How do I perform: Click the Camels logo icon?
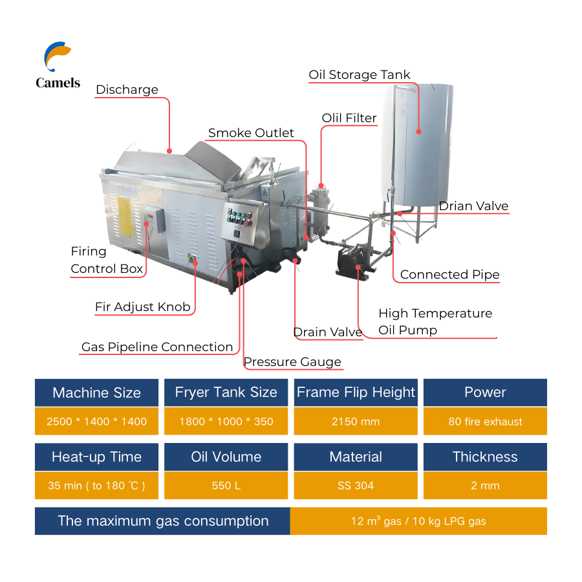coord(57,57)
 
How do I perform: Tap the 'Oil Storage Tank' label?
coord(359,75)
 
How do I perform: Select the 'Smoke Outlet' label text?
coord(251,133)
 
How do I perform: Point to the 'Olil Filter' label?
coord(349,118)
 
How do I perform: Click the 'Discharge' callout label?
coord(127,90)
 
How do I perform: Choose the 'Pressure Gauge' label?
coord(292,361)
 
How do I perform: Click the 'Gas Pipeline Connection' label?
coord(157,347)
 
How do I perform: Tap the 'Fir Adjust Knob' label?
coord(142,307)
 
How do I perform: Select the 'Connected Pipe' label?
coord(449,275)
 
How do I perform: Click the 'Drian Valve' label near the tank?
coord(473,206)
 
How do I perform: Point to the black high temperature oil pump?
coord(352,261)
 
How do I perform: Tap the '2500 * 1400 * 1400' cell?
coord(96,422)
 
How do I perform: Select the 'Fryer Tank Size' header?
coord(226,393)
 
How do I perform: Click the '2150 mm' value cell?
coord(356,422)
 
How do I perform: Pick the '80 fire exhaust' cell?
coord(485,422)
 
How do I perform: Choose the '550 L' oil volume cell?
coord(226,486)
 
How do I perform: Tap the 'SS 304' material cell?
coord(356,486)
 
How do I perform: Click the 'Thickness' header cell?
coord(485,457)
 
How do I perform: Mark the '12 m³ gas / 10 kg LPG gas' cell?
coord(418,521)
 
